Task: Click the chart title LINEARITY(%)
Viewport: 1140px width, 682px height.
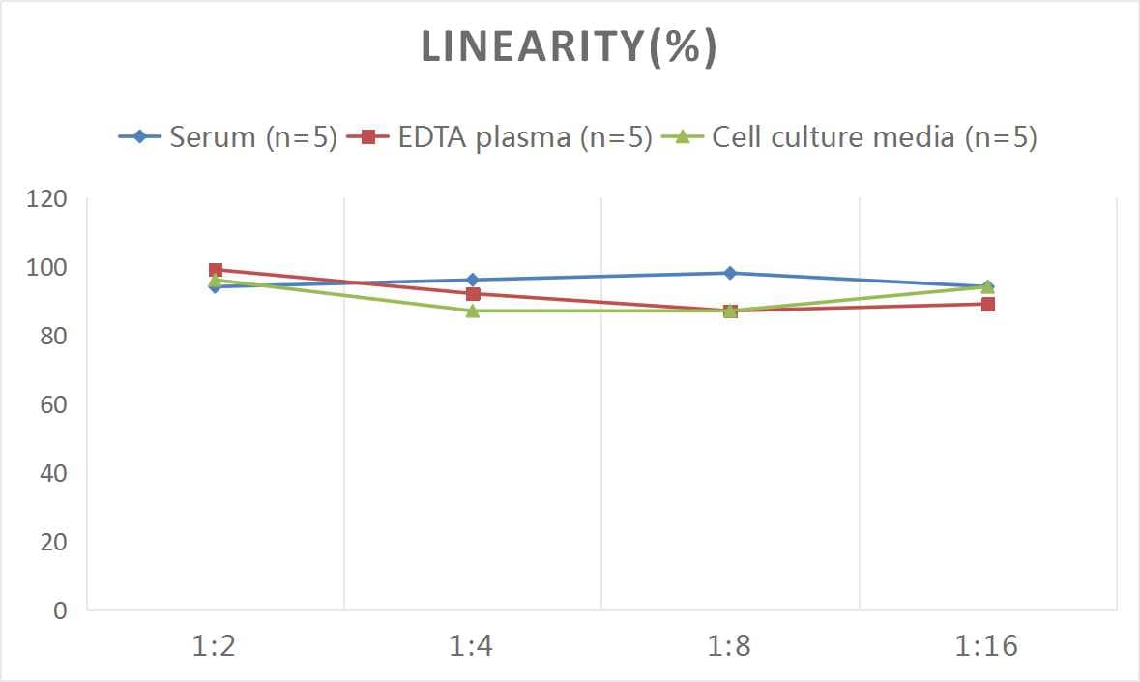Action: pyautogui.click(x=570, y=48)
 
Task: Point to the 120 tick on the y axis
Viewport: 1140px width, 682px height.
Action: pyautogui.click(x=46, y=199)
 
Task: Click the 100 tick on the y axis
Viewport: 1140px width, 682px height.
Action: pyautogui.click(x=46, y=268)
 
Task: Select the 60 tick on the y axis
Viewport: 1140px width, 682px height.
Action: pyautogui.click(x=52, y=404)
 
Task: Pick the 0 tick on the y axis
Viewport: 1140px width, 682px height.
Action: pyautogui.click(x=60, y=610)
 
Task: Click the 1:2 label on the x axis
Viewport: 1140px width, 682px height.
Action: pyautogui.click(x=215, y=646)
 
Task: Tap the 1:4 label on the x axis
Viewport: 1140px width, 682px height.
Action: pyautogui.click(x=472, y=646)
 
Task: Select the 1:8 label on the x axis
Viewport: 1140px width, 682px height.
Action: pyautogui.click(x=730, y=646)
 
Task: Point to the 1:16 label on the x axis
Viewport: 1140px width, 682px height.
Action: pyautogui.click(x=986, y=646)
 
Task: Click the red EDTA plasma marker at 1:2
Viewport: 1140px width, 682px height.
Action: pyautogui.click(x=216, y=270)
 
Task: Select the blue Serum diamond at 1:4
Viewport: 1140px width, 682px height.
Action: pyautogui.click(x=473, y=280)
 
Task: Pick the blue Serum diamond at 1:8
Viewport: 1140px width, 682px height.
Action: pyautogui.click(x=730, y=273)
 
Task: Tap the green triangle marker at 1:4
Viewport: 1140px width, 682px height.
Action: pyautogui.click(x=473, y=311)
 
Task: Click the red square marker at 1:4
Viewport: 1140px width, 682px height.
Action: pyautogui.click(x=473, y=294)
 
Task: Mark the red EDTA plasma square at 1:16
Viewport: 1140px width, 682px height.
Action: pyautogui.click(x=988, y=304)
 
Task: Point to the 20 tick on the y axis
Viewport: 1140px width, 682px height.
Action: pyautogui.click(x=52, y=542)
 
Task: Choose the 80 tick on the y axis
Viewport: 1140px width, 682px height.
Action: pyautogui.click(x=52, y=336)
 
